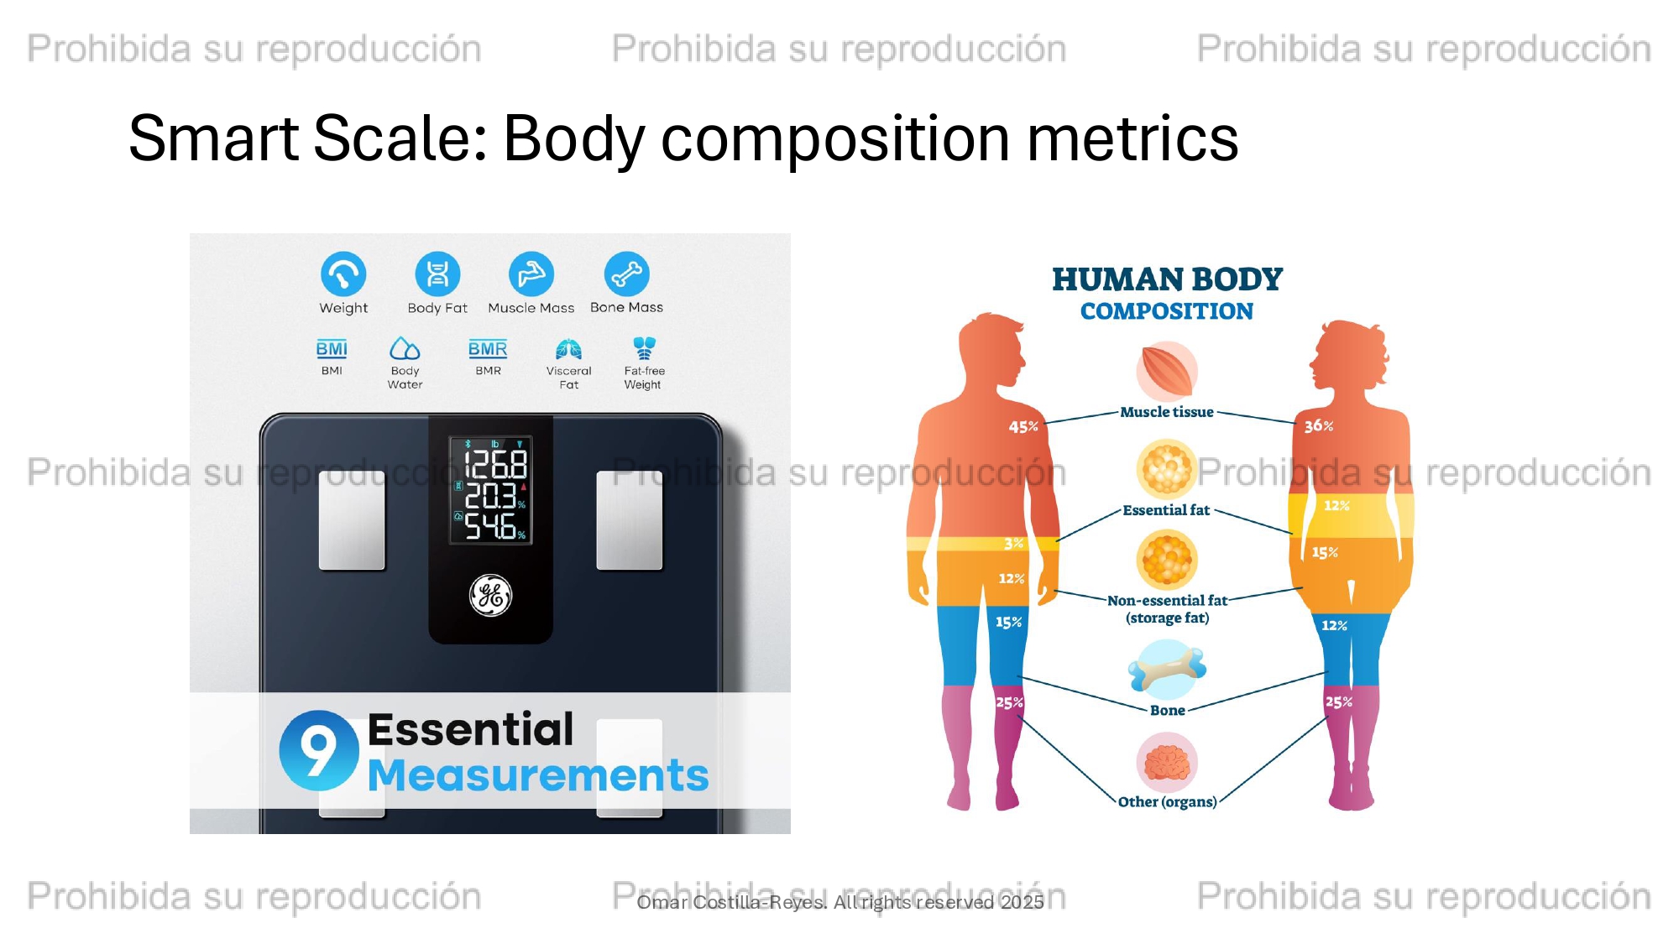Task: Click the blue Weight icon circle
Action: (343, 274)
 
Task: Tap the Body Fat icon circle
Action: (437, 274)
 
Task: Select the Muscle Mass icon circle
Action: (531, 274)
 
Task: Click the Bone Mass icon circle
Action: (626, 274)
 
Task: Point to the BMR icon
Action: (488, 349)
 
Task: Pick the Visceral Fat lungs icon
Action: (568, 348)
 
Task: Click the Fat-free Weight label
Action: (644, 378)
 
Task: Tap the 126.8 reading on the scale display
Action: (495, 464)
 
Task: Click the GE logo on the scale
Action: (490, 595)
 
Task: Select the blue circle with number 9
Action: (319, 750)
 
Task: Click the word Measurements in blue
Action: (538, 774)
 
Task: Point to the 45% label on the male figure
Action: (1023, 427)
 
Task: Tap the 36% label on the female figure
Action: (1319, 426)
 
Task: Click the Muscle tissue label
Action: (1167, 412)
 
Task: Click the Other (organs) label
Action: (1167, 802)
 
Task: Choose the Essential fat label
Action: (1166, 510)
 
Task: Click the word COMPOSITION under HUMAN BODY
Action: (1167, 311)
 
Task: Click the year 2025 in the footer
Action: (1022, 902)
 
